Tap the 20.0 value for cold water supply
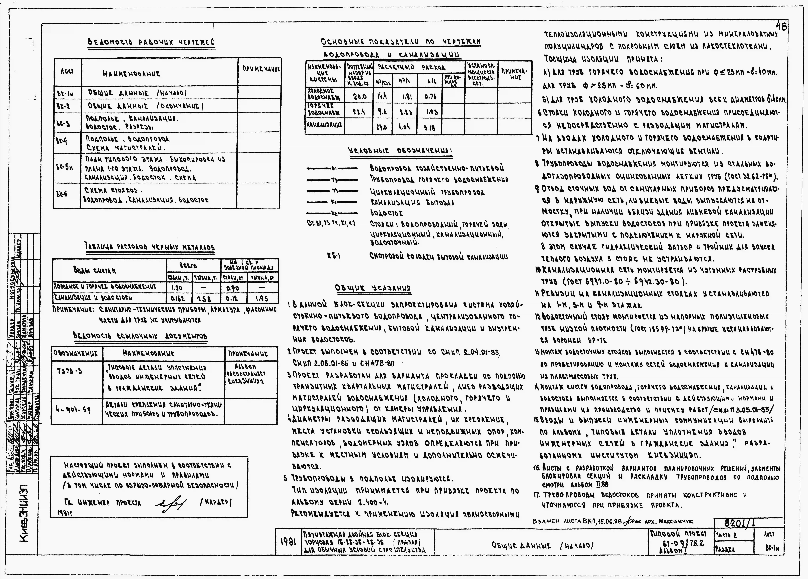tap(359, 96)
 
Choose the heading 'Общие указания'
tap(373, 288)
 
